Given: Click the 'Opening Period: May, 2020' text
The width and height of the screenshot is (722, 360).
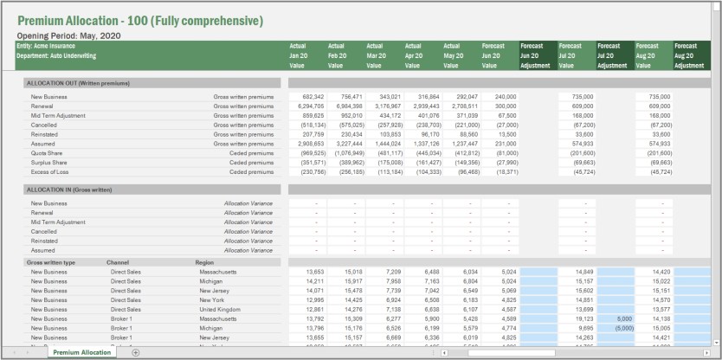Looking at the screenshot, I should point(68,35).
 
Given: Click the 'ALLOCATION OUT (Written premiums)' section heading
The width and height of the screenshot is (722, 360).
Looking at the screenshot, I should point(79,83).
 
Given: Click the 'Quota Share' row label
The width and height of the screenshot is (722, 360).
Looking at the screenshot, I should point(47,153).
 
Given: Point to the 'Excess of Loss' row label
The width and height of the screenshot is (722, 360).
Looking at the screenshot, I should point(50,171).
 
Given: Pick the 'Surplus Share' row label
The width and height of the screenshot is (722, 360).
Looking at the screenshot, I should point(49,163).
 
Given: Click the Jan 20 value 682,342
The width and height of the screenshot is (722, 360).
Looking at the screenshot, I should point(313,97).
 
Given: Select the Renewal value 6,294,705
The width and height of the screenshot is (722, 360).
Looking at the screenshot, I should point(311,106).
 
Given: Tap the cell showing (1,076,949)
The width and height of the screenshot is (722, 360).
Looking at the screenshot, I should point(350,153).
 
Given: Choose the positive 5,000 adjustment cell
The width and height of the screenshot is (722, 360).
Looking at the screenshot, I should point(620,319).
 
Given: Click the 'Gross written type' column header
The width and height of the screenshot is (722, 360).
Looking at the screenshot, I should point(51,262).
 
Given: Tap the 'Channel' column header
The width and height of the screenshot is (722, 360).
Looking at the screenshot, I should point(119,262).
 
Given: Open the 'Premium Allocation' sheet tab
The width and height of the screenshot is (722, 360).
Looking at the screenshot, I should point(81,353).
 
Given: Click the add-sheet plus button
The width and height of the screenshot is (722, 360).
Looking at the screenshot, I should point(136,353).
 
